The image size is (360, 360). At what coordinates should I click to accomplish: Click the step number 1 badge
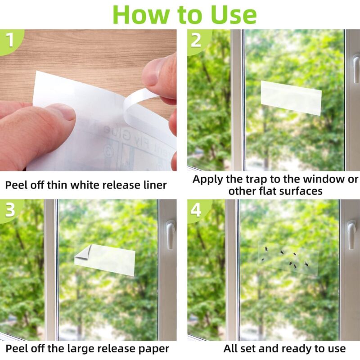[x=9, y=40]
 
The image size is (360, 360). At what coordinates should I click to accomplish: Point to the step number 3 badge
[x=9, y=210]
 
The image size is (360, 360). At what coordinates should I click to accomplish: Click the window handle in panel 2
[x=355, y=67]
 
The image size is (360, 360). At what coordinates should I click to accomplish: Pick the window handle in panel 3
[x=170, y=233]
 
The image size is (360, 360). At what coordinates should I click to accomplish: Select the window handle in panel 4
[x=351, y=233]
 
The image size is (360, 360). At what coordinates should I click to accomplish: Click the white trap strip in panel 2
[x=291, y=97]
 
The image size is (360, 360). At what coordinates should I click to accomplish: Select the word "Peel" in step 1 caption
[x=17, y=184]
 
